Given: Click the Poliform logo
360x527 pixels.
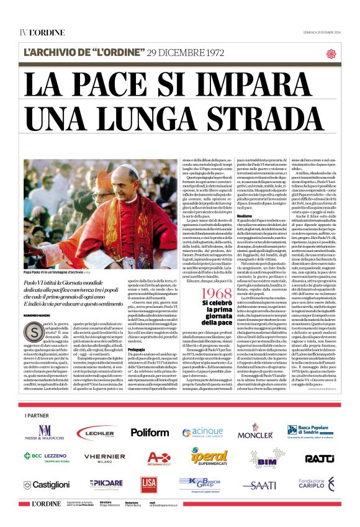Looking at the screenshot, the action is click(x=150, y=433).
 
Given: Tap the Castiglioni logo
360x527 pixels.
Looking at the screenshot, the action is click(x=47, y=484).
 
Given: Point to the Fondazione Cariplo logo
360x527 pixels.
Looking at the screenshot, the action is click(x=317, y=484).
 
